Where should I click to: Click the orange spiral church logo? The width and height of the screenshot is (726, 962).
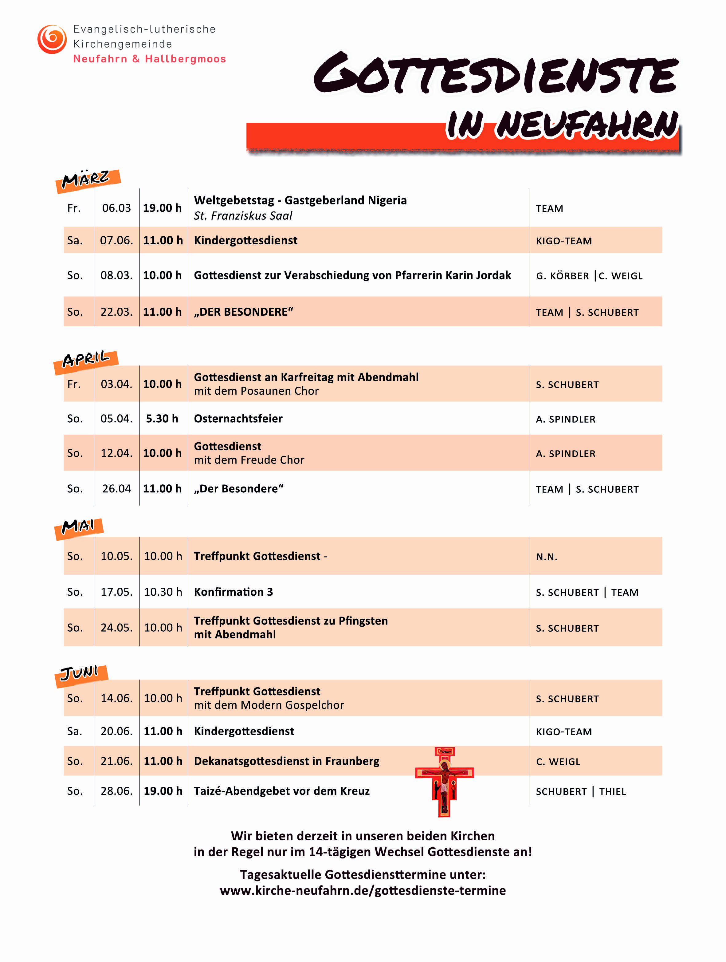click(52, 39)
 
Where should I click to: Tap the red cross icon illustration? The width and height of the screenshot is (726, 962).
click(444, 782)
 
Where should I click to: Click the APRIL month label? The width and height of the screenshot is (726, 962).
click(86, 361)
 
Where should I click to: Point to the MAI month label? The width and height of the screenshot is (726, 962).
click(79, 527)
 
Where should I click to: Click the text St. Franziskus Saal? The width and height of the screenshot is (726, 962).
click(243, 216)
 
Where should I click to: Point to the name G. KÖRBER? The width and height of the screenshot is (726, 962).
click(562, 276)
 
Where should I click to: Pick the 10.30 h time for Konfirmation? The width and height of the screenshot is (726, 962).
click(163, 592)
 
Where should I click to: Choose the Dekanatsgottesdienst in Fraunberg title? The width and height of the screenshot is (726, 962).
click(286, 761)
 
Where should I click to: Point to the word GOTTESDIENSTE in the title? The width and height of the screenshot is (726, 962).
click(496, 74)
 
